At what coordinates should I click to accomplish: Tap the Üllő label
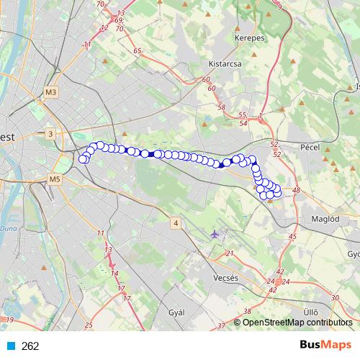click(310, 312)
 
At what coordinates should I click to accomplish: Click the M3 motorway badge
click(50, 92)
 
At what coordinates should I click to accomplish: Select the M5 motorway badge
click(55, 179)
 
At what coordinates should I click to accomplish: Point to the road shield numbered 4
click(175, 224)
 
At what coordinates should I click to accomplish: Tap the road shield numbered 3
click(50, 134)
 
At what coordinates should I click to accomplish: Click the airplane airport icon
click(215, 234)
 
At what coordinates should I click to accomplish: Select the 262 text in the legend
click(30, 346)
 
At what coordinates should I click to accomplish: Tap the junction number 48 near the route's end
click(296, 189)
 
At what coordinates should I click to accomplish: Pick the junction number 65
click(137, 52)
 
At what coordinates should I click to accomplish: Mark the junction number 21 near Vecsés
click(230, 253)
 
